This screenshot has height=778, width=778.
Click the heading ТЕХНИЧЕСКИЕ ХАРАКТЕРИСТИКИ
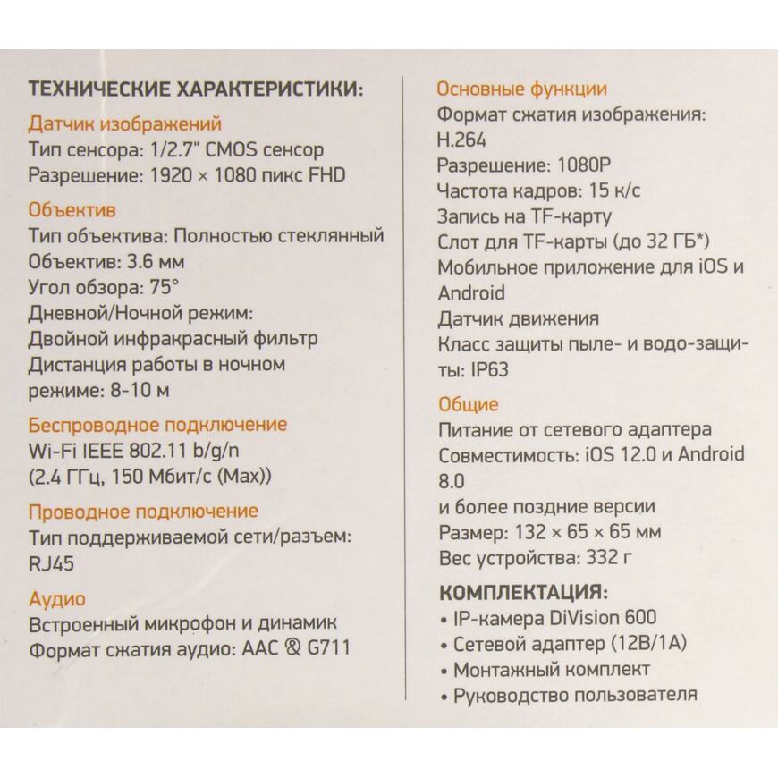click(196, 90)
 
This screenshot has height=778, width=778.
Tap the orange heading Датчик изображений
click(124, 124)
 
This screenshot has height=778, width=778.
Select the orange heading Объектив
click(72, 211)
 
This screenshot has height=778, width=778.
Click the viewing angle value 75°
click(161, 288)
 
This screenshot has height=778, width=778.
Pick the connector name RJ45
click(52, 562)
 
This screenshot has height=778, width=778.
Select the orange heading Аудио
click(57, 598)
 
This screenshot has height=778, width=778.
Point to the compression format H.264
click(462, 140)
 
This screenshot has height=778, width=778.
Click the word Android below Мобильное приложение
click(471, 293)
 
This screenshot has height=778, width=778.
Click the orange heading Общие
click(468, 404)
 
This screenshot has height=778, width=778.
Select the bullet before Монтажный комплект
click(444, 671)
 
